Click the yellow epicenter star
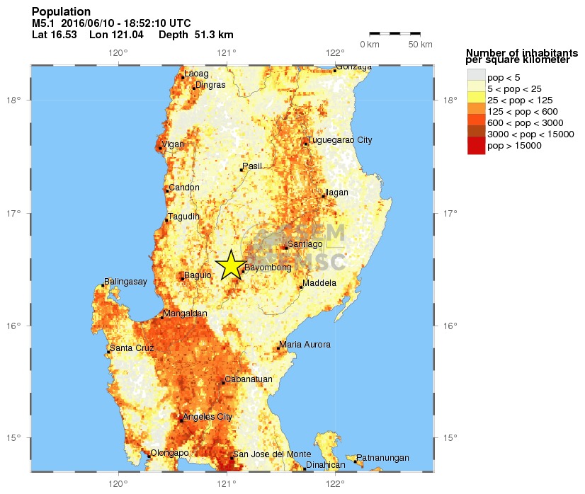pos(229,266)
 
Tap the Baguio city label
pos(198,275)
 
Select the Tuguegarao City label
pos(340,140)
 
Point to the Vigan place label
pos(173,144)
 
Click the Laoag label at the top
pos(197,74)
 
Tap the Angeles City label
pos(208,417)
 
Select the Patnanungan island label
pos(382,458)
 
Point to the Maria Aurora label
pos(305,345)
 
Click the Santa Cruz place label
pos(131,347)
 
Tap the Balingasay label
pos(125,282)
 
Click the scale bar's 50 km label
pos(421,45)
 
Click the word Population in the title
pos(62,12)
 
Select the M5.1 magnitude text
pos(44,23)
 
